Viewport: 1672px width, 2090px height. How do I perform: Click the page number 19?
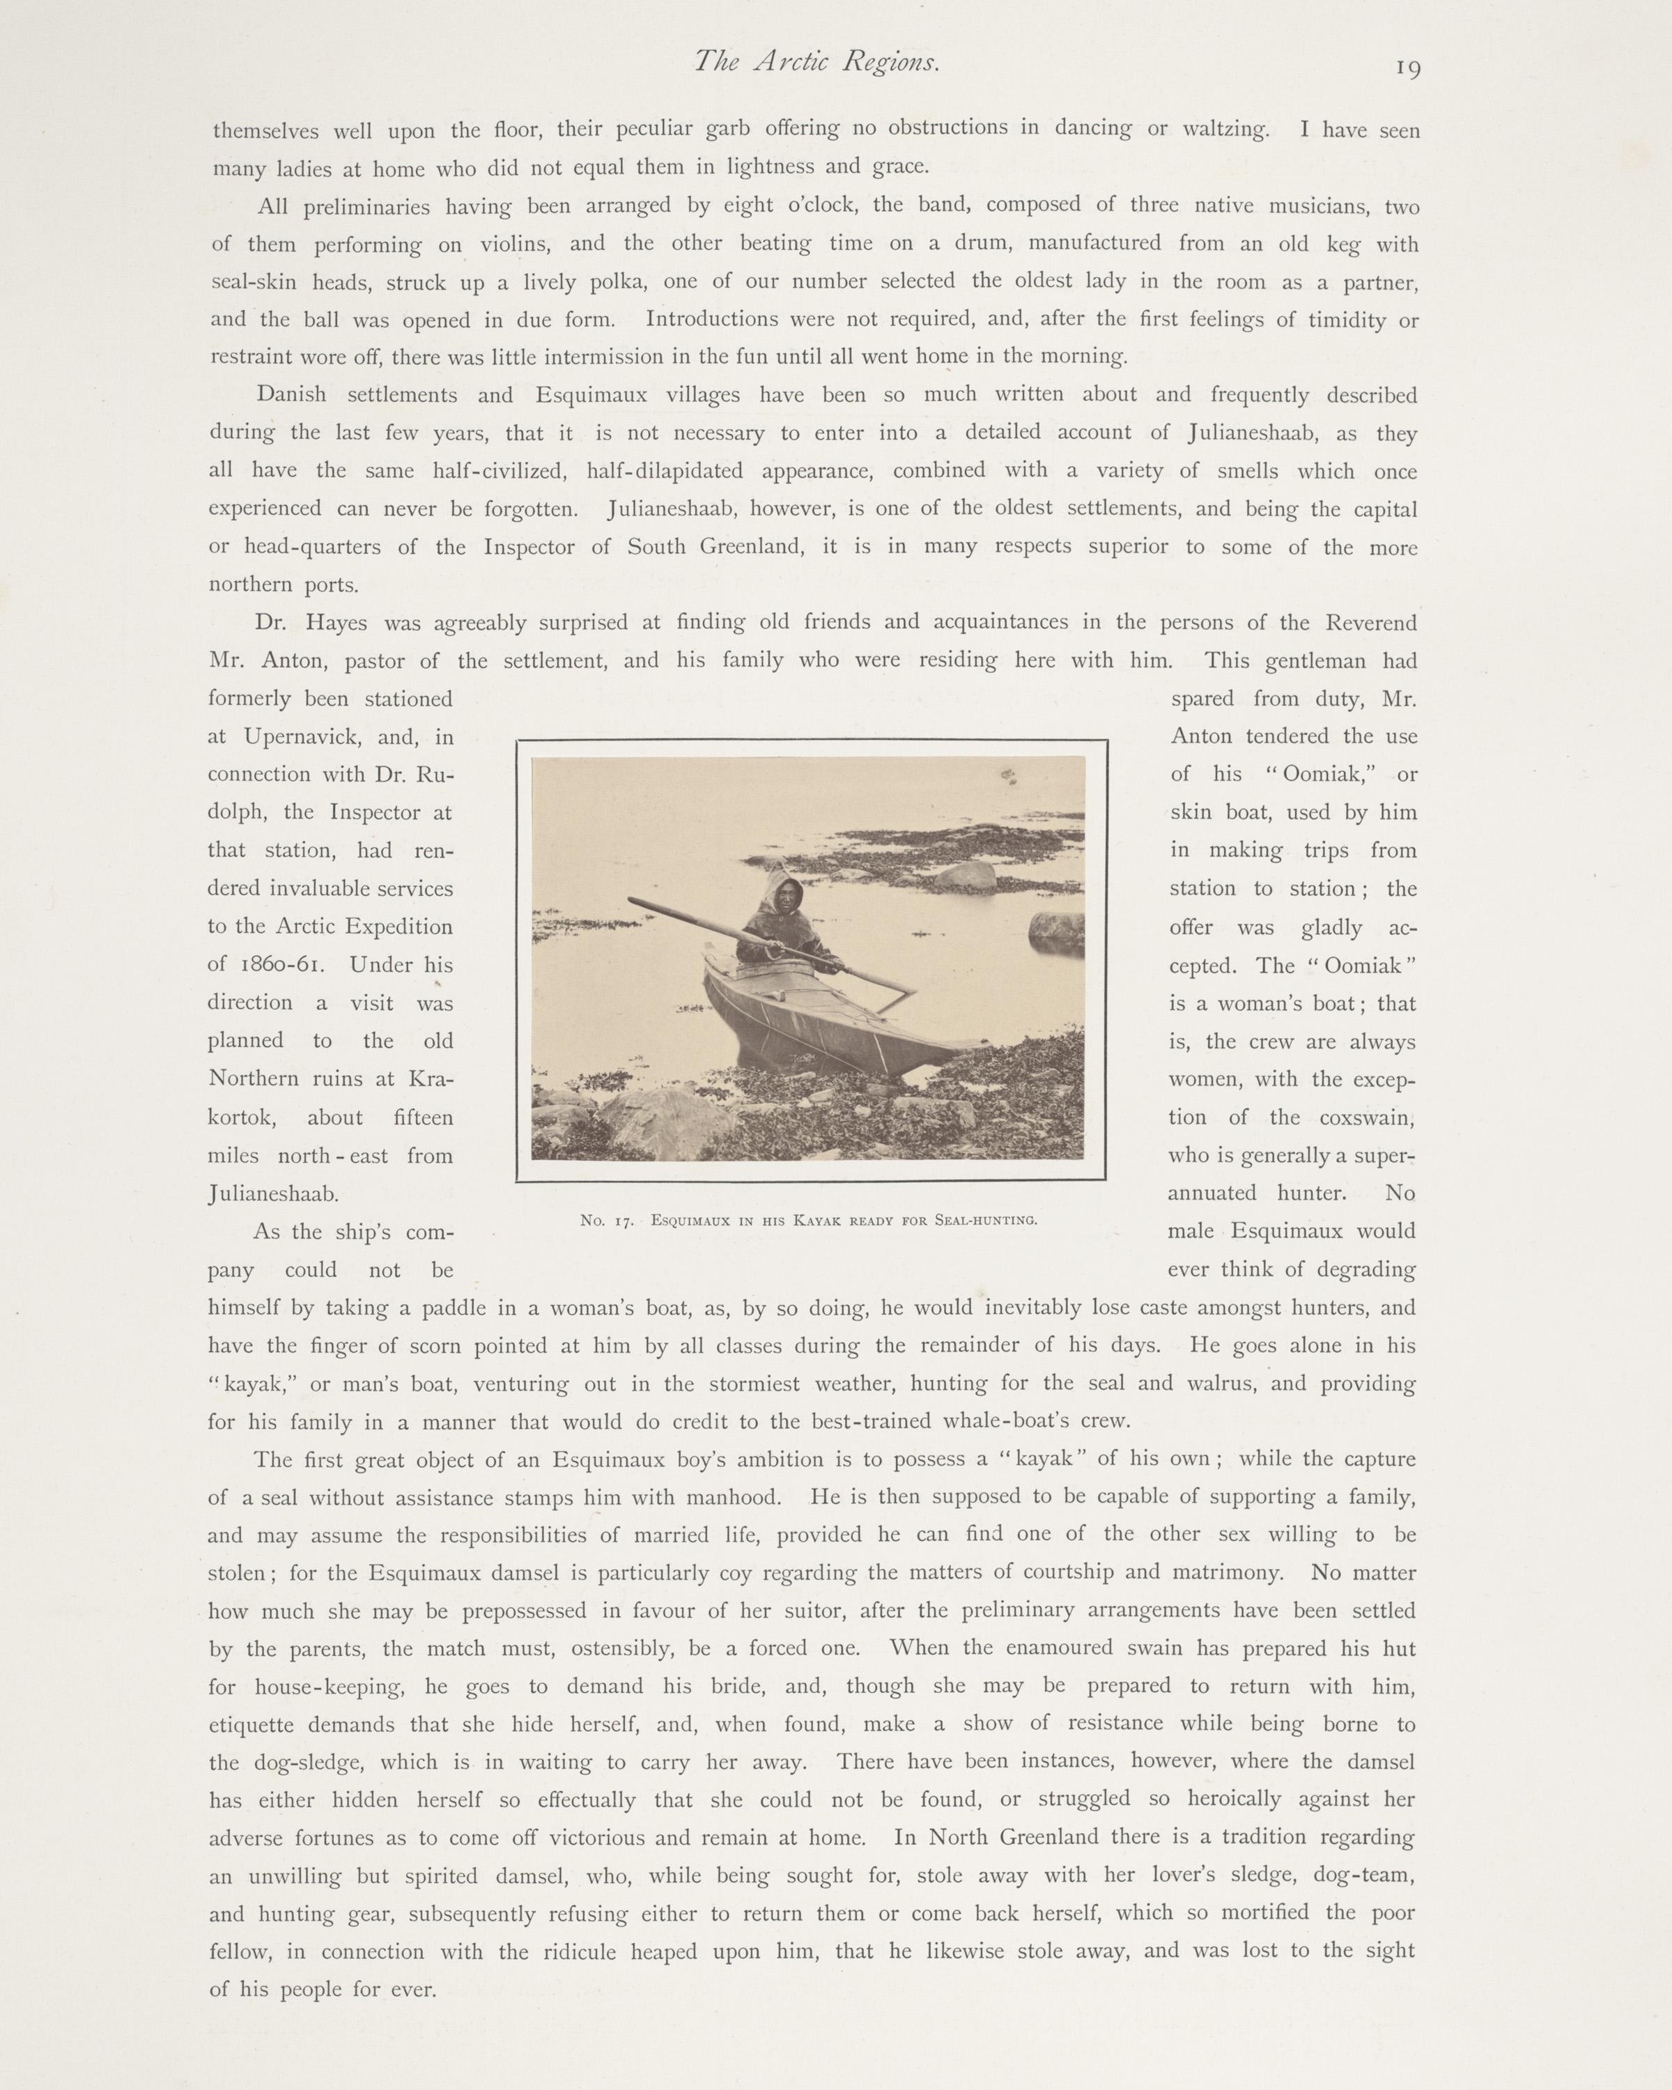(1409, 68)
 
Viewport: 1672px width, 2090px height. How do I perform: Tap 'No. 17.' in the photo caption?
(607, 1221)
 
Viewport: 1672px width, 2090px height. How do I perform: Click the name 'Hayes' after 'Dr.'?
(335, 624)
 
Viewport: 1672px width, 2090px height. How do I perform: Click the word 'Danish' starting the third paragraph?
(292, 396)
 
